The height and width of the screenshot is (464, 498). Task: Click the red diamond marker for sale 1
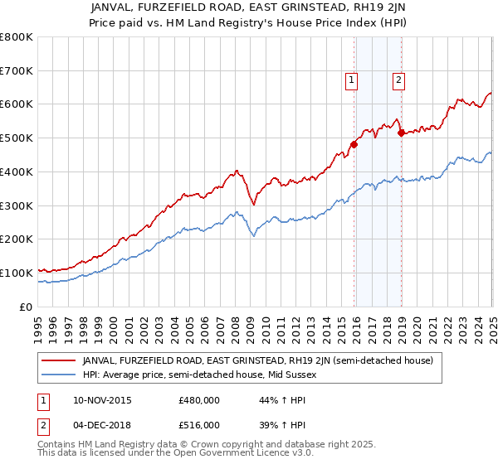354,144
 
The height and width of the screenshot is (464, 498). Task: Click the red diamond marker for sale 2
401,132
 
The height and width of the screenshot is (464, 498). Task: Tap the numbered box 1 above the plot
352,80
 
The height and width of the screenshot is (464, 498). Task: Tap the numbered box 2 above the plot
398,80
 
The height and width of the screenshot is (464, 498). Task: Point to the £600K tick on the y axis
17,104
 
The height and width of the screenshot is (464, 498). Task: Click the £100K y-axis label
17,273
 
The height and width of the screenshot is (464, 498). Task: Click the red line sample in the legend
59,360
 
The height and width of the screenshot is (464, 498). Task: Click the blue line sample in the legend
59,375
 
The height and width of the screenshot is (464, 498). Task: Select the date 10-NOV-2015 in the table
102,400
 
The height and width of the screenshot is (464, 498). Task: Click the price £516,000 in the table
199,425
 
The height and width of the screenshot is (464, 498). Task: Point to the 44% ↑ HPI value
271,400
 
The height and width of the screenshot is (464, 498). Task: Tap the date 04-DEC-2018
102,425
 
